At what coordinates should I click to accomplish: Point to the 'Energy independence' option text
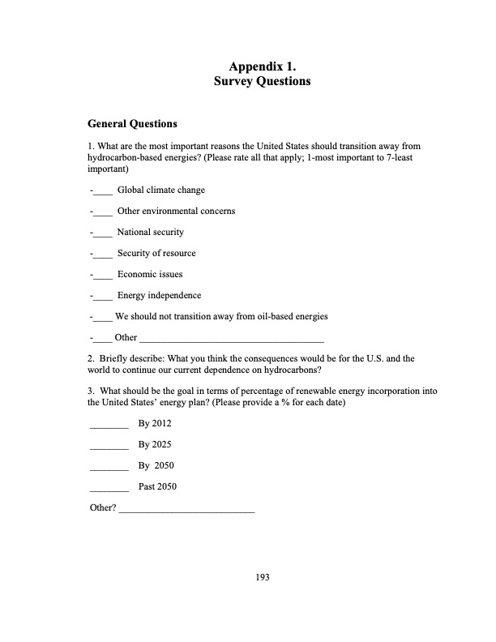pos(159,296)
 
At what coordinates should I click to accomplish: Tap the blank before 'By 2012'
pos(109,425)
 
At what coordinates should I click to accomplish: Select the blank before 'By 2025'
pos(109,446)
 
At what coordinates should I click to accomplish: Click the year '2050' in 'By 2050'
pos(165,466)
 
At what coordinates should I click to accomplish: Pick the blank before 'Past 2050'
pos(109,488)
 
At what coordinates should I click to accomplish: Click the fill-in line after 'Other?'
pos(186,509)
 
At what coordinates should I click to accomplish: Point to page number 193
pos(262,577)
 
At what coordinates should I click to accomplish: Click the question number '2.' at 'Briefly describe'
pos(90,357)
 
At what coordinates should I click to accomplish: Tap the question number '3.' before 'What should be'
pos(90,391)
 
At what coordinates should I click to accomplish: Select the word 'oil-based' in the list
pos(263,316)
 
